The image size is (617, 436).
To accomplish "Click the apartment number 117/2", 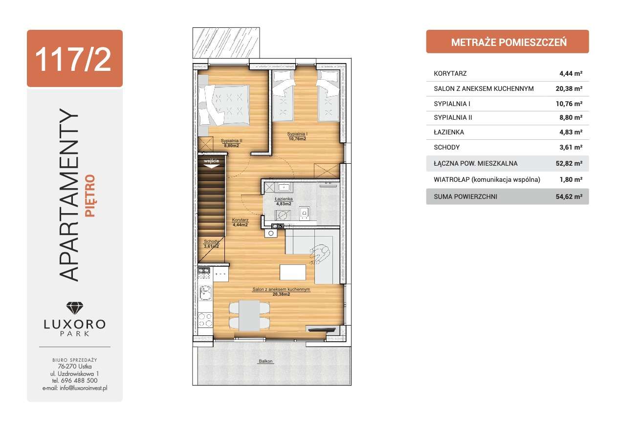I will (74, 59).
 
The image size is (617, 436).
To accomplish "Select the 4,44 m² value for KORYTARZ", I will (571, 74).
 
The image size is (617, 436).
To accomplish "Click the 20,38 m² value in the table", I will (569, 89).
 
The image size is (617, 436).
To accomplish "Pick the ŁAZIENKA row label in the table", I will (449, 132).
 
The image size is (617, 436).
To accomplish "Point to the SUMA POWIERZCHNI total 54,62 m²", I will (569, 196).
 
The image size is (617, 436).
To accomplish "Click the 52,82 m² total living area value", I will (569, 163).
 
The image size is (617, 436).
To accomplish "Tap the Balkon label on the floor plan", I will (266, 362).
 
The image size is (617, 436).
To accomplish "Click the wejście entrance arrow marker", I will (211, 163).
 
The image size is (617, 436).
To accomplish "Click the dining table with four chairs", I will (249, 315).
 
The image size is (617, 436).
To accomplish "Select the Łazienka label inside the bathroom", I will (284, 199).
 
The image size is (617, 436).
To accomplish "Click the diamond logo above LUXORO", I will (74, 307).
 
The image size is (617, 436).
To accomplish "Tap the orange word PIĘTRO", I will (89, 196).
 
